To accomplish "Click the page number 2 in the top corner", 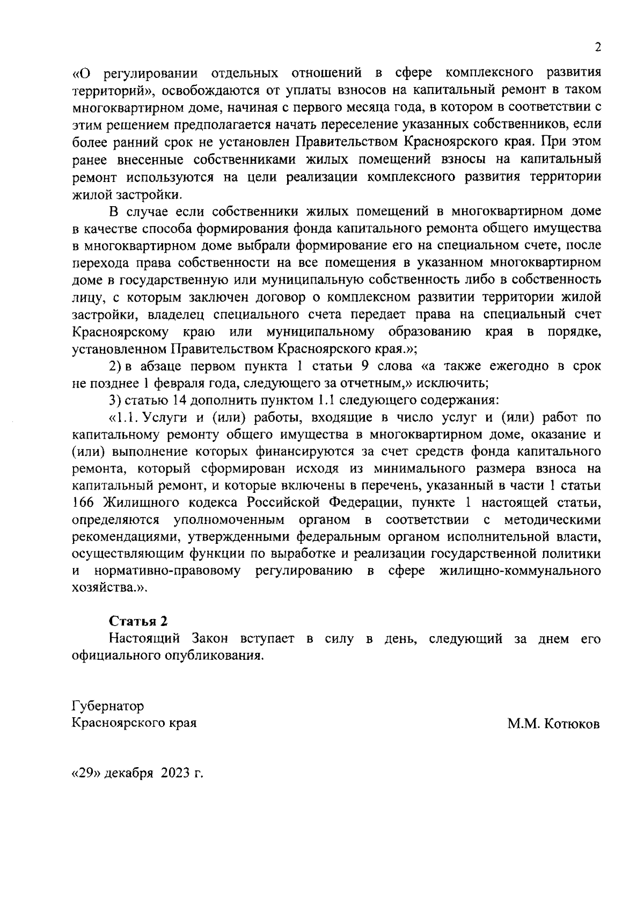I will (597, 47).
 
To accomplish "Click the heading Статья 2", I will (138, 621).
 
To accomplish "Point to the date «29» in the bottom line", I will (86, 774).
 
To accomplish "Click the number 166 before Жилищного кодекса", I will (84, 503).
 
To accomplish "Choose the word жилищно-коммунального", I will (519, 571).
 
